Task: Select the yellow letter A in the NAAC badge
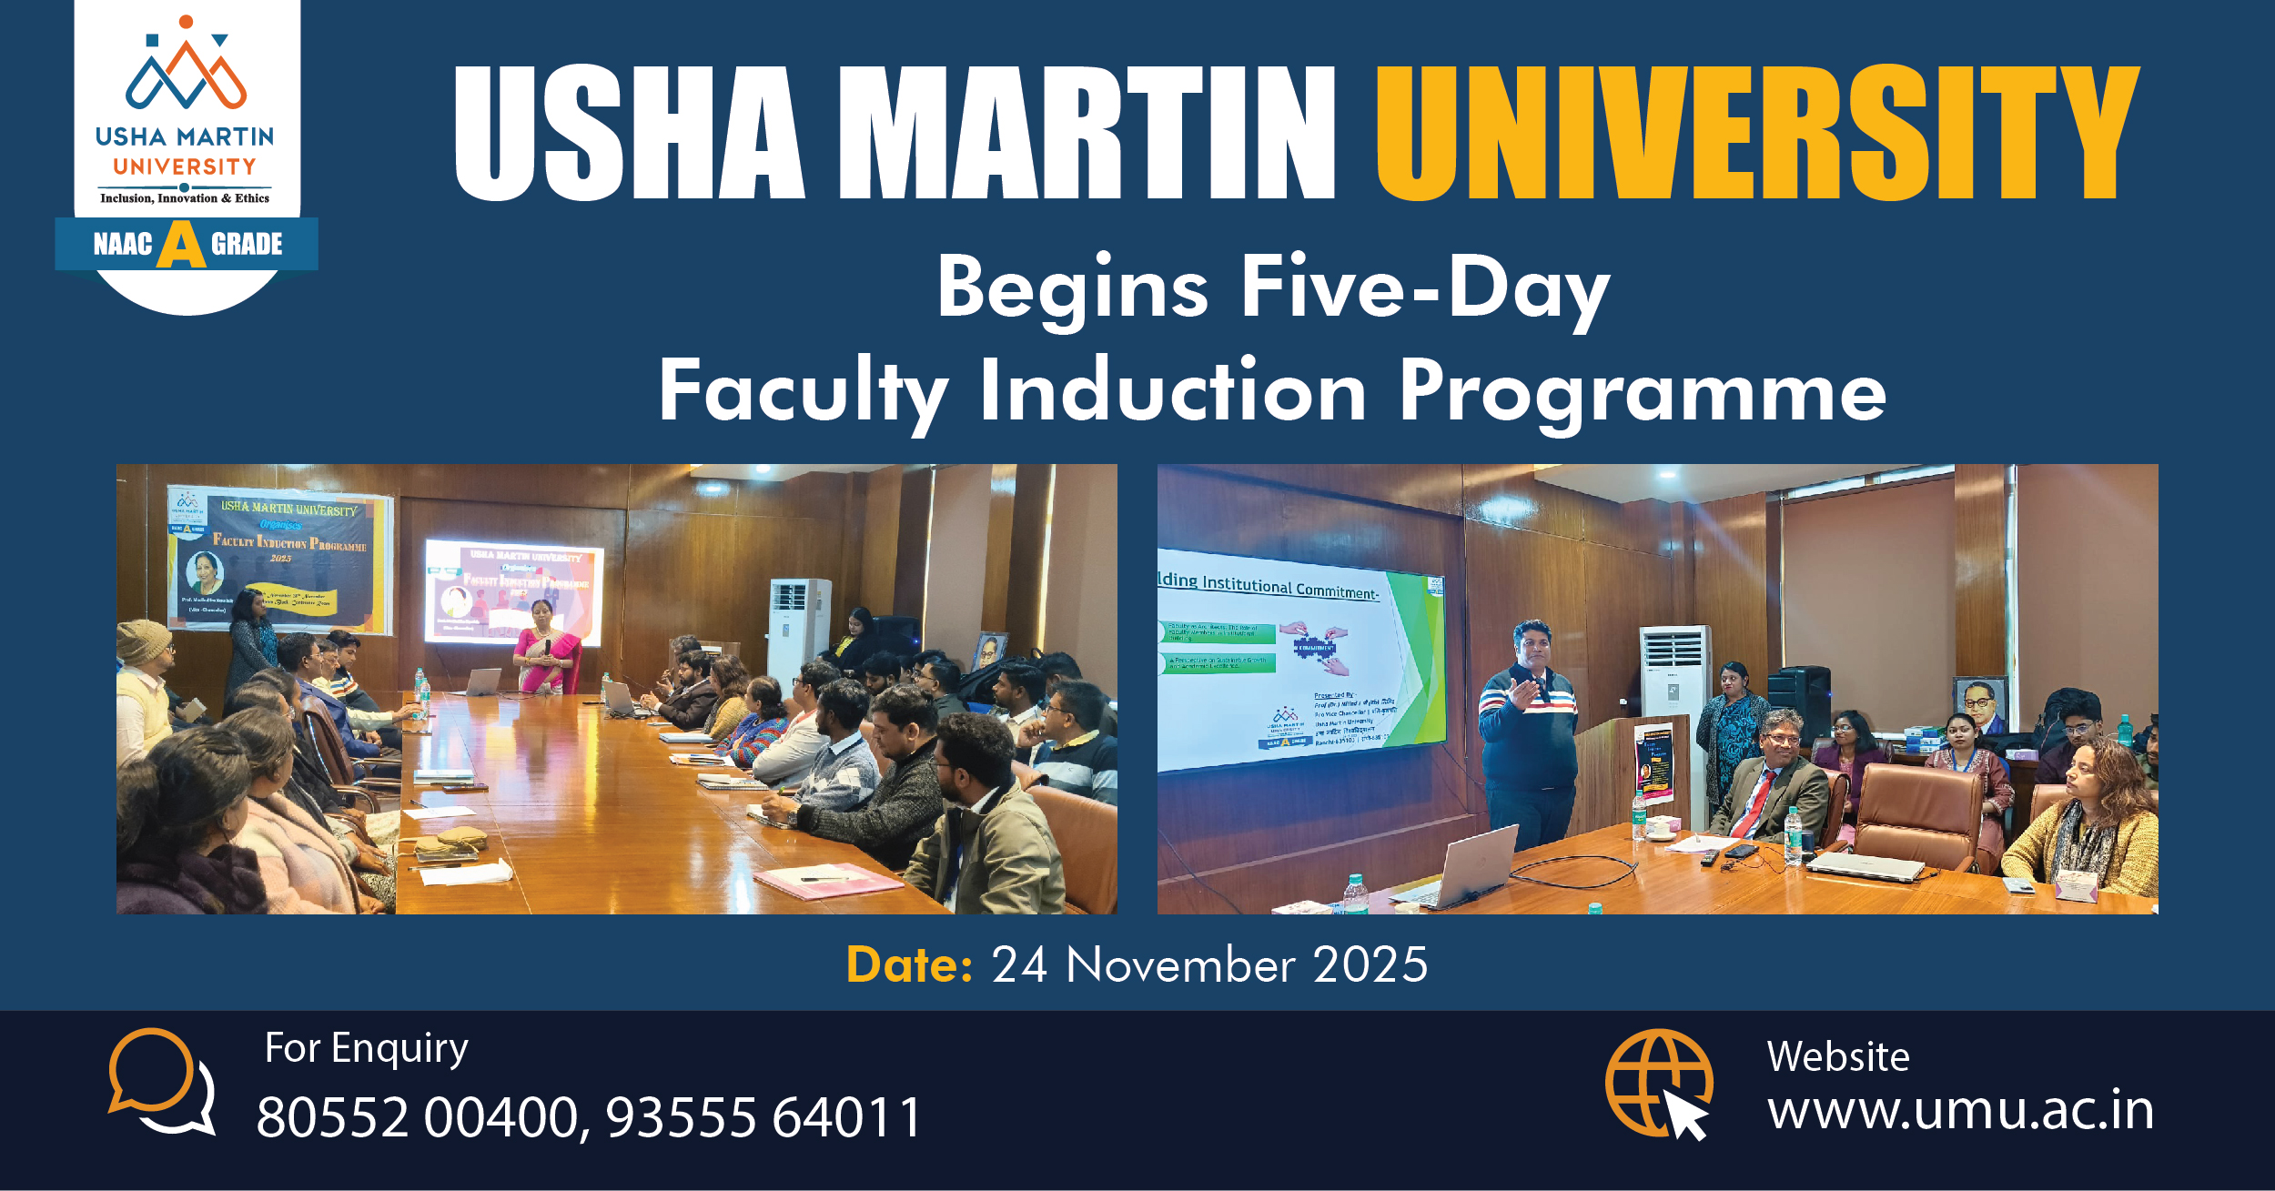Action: (x=181, y=245)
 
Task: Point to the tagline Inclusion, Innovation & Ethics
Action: (x=185, y=198)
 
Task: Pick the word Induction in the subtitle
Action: (x=1172, y=391)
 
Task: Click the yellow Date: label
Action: (x=908, y=965)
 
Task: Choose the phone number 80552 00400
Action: (x=418, y=1117)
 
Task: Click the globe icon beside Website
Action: (x=1657, y=1083)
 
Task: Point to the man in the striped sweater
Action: (x=1529, y=728)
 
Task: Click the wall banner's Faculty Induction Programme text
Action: (x=289, y=542)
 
